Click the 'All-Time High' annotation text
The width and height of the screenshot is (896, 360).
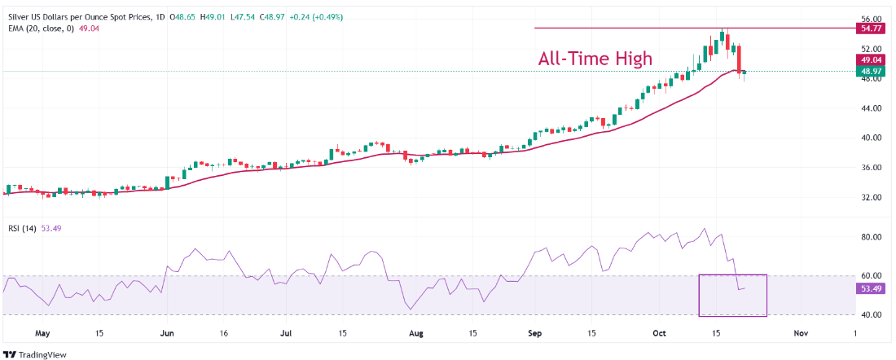click(x=595, y=59)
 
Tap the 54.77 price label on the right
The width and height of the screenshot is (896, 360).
click(x=870, y=28)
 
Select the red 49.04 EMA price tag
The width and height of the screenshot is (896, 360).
click(x=870, y=60)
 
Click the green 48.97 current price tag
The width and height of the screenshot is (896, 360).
click(x=870, y=72)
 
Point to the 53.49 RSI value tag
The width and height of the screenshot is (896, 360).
click(x=870, y=288)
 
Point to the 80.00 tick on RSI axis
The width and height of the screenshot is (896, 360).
click(x=870, y=237)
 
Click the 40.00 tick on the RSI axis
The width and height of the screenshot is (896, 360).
click(x=870, y=314)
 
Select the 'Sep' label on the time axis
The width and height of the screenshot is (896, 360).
click(x=534, y=333)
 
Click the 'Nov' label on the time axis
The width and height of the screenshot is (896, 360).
click(x=800, y=333)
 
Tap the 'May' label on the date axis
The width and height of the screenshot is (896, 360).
click(x=43, y=333)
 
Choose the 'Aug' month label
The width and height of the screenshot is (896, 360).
click(x=415, y=333)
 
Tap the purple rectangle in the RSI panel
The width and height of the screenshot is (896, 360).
click(x=732, y=295)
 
